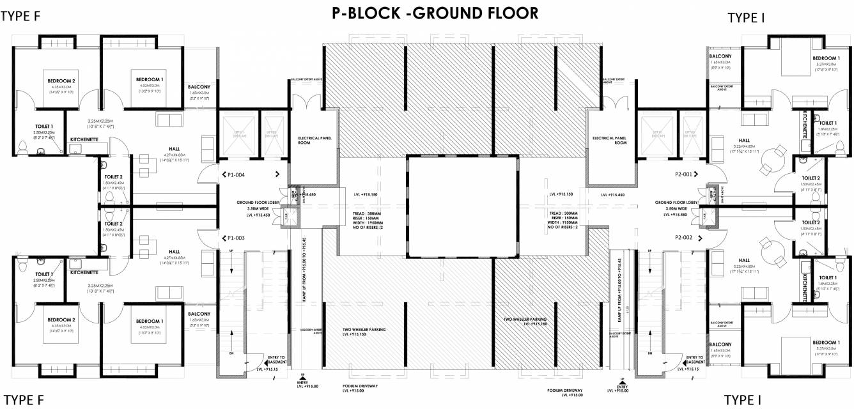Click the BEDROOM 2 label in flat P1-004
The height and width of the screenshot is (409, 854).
(x=61, y=81)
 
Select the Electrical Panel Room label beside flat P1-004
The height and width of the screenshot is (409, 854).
(x=313, y=141)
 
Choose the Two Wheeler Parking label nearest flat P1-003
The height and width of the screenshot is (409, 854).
(x=364, y=330)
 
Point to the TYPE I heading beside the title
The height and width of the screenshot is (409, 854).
(x=746, y=18)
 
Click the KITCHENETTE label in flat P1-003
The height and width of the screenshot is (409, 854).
(x=84, y=272)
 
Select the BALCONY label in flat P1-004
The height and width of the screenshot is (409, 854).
(x=199, y=87)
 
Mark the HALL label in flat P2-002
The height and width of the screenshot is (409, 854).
(x=744, y=260)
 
